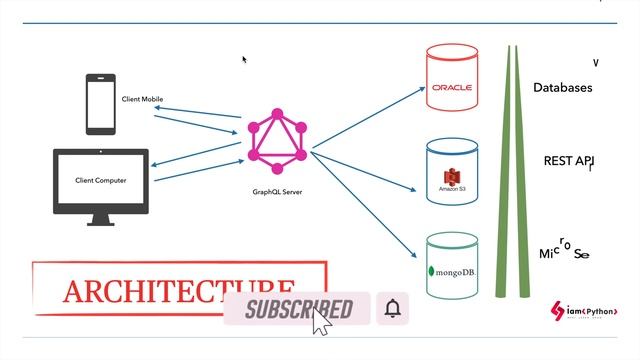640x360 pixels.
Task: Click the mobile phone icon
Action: coord(100,104)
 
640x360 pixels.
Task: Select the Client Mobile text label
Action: coord(142,99)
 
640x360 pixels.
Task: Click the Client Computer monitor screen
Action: coord(100,180)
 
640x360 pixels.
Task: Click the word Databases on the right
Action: coord(562,88)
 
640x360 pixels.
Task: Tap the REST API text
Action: coord(568,161)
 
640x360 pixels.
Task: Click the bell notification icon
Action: coord(393,309)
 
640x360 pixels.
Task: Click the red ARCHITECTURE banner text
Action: coord(178,290)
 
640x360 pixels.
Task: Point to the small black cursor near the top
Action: coord(244,59)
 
